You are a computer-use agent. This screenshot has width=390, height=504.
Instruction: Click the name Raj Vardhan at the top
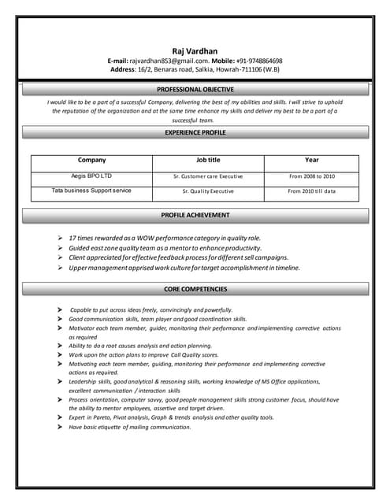tap(195, 50)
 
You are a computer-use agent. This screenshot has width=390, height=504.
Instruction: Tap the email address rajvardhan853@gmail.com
tap(169, 61)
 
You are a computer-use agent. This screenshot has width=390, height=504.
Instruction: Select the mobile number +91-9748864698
tap(257, 61)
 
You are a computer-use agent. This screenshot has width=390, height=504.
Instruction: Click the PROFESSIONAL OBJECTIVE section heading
tap(195, 90)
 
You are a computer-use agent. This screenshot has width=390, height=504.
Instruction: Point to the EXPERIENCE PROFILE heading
tap(195, 133)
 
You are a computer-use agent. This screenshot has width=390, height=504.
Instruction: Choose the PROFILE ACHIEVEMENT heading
tap(195, 214)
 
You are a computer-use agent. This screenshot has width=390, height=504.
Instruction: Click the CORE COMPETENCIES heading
tap(195, 290)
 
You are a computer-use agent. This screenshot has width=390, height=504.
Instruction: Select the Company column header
tap(91, 160)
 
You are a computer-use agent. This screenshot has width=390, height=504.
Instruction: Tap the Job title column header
tap(208, 160)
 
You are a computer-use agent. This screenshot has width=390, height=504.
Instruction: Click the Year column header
tap(311, 160)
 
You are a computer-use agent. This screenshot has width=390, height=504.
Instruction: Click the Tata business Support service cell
tap(91, 191)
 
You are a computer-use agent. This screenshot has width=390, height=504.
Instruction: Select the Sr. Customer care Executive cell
tap(208, 176)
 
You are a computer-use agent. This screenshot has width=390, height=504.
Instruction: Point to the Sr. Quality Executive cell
tap(208, 191)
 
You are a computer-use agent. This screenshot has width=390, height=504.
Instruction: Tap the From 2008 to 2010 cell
tap(311, 176)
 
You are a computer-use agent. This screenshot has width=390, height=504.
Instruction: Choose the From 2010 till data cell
tap(311, 191)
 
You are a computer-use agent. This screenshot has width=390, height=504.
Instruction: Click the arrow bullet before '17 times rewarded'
tap(60, 237)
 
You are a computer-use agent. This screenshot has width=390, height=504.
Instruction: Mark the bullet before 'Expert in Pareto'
tap(60, 417)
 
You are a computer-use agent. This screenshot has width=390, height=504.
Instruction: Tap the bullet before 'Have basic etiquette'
tap(60, 427)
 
